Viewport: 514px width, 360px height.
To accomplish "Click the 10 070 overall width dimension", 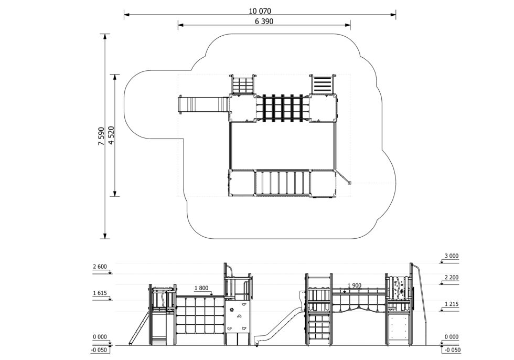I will [260, 10].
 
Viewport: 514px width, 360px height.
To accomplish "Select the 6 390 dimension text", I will [264, 22].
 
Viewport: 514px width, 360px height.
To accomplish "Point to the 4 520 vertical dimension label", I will [110, 136].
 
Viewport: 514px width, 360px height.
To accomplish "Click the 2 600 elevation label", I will [100, 267].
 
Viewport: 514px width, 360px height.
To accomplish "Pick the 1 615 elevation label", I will [100, 293].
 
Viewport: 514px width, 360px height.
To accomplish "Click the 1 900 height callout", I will [355, 285].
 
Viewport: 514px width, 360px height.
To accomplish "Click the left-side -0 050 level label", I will [100, 350].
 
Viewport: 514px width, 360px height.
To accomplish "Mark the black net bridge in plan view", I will [283, 108].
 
